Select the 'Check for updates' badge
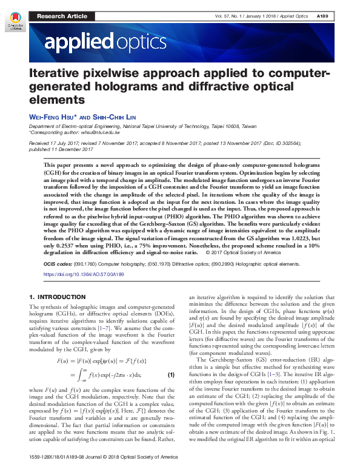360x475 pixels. coord(14,22)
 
